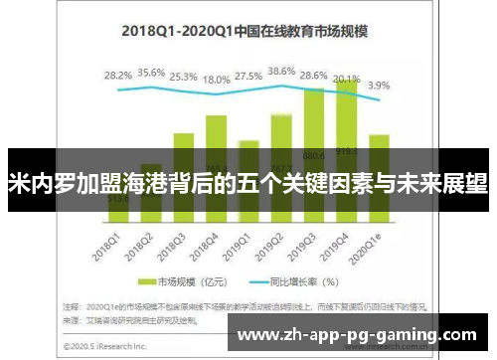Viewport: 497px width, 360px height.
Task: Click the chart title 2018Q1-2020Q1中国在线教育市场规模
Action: point(244,31)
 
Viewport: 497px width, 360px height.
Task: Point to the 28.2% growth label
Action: point(118,75)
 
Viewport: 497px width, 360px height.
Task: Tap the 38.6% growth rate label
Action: point(282,72)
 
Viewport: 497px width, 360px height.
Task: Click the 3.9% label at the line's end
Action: point(379,86)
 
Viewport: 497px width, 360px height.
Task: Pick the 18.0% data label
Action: point(217,80)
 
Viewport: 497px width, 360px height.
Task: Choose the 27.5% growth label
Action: point(249,76)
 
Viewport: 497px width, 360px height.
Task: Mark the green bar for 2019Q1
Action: point(249,145)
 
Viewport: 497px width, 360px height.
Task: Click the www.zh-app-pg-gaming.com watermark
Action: point(361,335)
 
